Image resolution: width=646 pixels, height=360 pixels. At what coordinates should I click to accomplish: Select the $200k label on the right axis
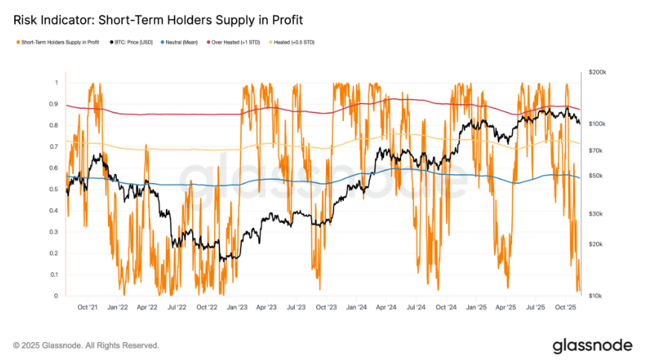(x=598, y=72)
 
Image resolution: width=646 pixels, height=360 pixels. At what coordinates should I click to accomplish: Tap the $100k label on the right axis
(x=598, y=123)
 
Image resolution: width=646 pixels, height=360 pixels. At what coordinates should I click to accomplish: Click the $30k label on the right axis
(x=597, y=214)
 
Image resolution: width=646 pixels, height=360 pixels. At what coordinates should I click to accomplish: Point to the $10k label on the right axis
(x=597, y=296)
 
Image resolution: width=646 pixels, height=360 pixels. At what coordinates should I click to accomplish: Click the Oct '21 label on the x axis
(x=88, y=306)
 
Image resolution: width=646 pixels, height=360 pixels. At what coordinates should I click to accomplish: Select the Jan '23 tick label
(x=237, y=306)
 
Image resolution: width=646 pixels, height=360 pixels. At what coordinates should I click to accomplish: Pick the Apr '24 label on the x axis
(x=386, y=306)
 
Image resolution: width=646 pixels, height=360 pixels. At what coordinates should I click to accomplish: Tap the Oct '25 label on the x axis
(x=566, y=306)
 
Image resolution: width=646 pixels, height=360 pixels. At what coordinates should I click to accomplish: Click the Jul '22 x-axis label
(x=176, y=306)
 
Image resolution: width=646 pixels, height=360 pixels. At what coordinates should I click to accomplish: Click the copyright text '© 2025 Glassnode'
(x=86, y=345)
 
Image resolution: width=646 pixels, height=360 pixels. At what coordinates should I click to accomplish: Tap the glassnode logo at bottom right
(x=592, y=345)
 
